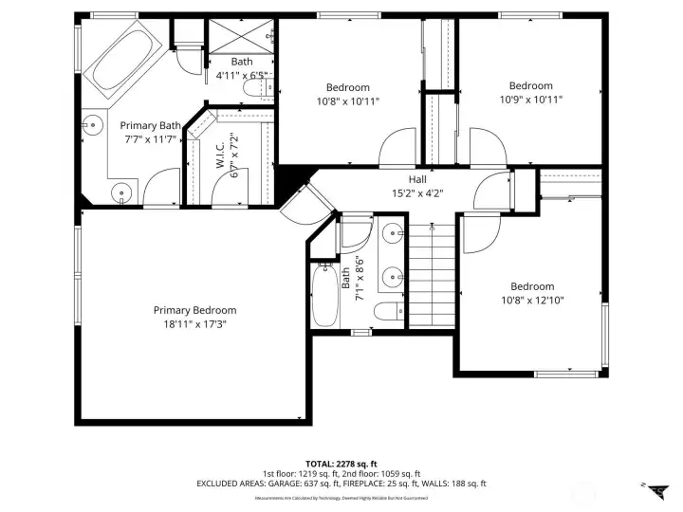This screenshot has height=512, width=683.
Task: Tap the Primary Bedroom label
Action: [195, 310]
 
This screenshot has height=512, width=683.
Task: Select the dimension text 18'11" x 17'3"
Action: [195, 323]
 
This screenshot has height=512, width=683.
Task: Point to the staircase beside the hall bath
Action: [431, 275]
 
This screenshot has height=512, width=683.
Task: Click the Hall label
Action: [417, 179]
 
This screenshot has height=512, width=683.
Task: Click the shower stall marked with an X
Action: [238, 38]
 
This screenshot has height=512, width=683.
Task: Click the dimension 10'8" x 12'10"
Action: [532, 301]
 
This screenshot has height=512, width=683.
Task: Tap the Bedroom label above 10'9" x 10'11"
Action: [530, 85]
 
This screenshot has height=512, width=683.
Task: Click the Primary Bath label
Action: [150, 125]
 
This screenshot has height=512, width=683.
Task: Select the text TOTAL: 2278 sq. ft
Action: [341, 462]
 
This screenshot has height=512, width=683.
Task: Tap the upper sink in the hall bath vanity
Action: [393, 231]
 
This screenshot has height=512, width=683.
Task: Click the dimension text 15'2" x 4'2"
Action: [417, 192]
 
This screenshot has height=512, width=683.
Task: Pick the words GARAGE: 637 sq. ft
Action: [292, 484]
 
